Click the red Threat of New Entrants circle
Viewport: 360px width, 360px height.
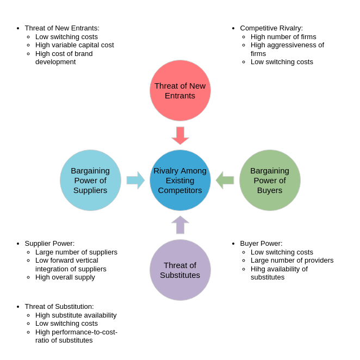(x=180, y=90)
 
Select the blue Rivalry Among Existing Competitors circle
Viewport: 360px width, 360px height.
(x=180, y=180)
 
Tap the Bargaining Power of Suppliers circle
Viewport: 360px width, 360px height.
(x=90, y=180)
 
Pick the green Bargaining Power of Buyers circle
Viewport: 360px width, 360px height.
(x=270, y=180)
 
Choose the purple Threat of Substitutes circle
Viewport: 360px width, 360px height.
(x=180, y=270)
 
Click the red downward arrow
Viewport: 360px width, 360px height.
(x=180, y=135)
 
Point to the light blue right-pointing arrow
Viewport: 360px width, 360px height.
(x=135, y=180)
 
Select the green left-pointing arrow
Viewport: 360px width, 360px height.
(x=225, y=180)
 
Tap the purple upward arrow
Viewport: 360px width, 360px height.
(x=180, y=225)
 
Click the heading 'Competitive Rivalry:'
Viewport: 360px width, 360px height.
(x=271, y=28)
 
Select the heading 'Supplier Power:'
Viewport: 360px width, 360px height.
(x=49, y=244)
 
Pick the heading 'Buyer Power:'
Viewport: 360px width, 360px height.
(x=261, y=244)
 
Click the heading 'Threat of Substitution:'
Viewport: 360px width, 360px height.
(x=59, y=307)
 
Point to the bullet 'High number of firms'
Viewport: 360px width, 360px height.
(x=283, y=37)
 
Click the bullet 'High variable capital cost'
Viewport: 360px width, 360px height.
(x=75, y=45)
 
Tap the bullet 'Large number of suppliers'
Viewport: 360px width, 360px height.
(x=76, y=252)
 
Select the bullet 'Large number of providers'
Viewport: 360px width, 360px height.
(x=292, y=260)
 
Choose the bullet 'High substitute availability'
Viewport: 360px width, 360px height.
(x=76, y=315)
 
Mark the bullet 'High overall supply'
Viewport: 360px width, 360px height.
(x=65, y=277)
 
